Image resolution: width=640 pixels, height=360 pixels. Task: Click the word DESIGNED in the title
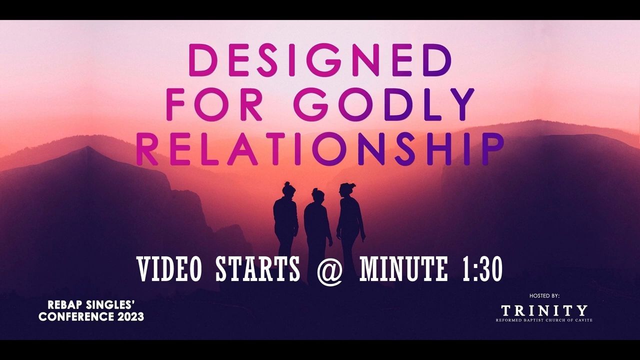320,60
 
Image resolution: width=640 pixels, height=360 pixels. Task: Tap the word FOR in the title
214,104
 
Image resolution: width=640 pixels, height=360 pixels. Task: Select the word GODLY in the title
384,104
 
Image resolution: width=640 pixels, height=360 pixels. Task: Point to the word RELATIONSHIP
319,149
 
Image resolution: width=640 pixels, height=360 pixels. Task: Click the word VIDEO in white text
169,269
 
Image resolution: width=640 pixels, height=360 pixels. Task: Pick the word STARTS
258,269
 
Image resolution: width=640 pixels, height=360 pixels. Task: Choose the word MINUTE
403,269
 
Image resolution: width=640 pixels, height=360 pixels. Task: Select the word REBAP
65,305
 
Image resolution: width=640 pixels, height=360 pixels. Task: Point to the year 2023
130,316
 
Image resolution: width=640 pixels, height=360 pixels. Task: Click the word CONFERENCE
76,316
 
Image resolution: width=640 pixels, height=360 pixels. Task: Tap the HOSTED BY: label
544,295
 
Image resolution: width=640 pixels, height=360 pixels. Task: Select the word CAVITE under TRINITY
584,320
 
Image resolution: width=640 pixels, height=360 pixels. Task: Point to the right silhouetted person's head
346,190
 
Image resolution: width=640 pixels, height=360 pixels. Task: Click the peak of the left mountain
87,147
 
